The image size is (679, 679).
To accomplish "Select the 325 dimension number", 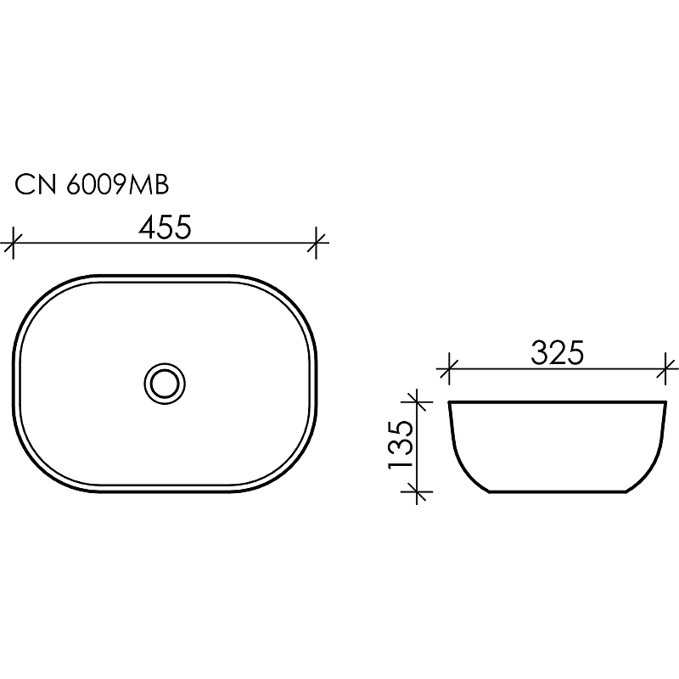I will [558, 352].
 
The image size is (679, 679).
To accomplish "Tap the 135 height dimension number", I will [402, 444].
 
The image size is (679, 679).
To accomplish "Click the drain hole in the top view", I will [165, 383].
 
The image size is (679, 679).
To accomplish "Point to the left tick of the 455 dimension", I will [11, 244].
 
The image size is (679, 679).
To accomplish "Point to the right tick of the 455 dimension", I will [317, 244].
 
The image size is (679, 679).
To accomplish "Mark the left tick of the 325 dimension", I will [448, 369].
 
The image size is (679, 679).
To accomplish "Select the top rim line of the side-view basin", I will [558, 401].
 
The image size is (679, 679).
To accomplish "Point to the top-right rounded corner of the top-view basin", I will [293, 297].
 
